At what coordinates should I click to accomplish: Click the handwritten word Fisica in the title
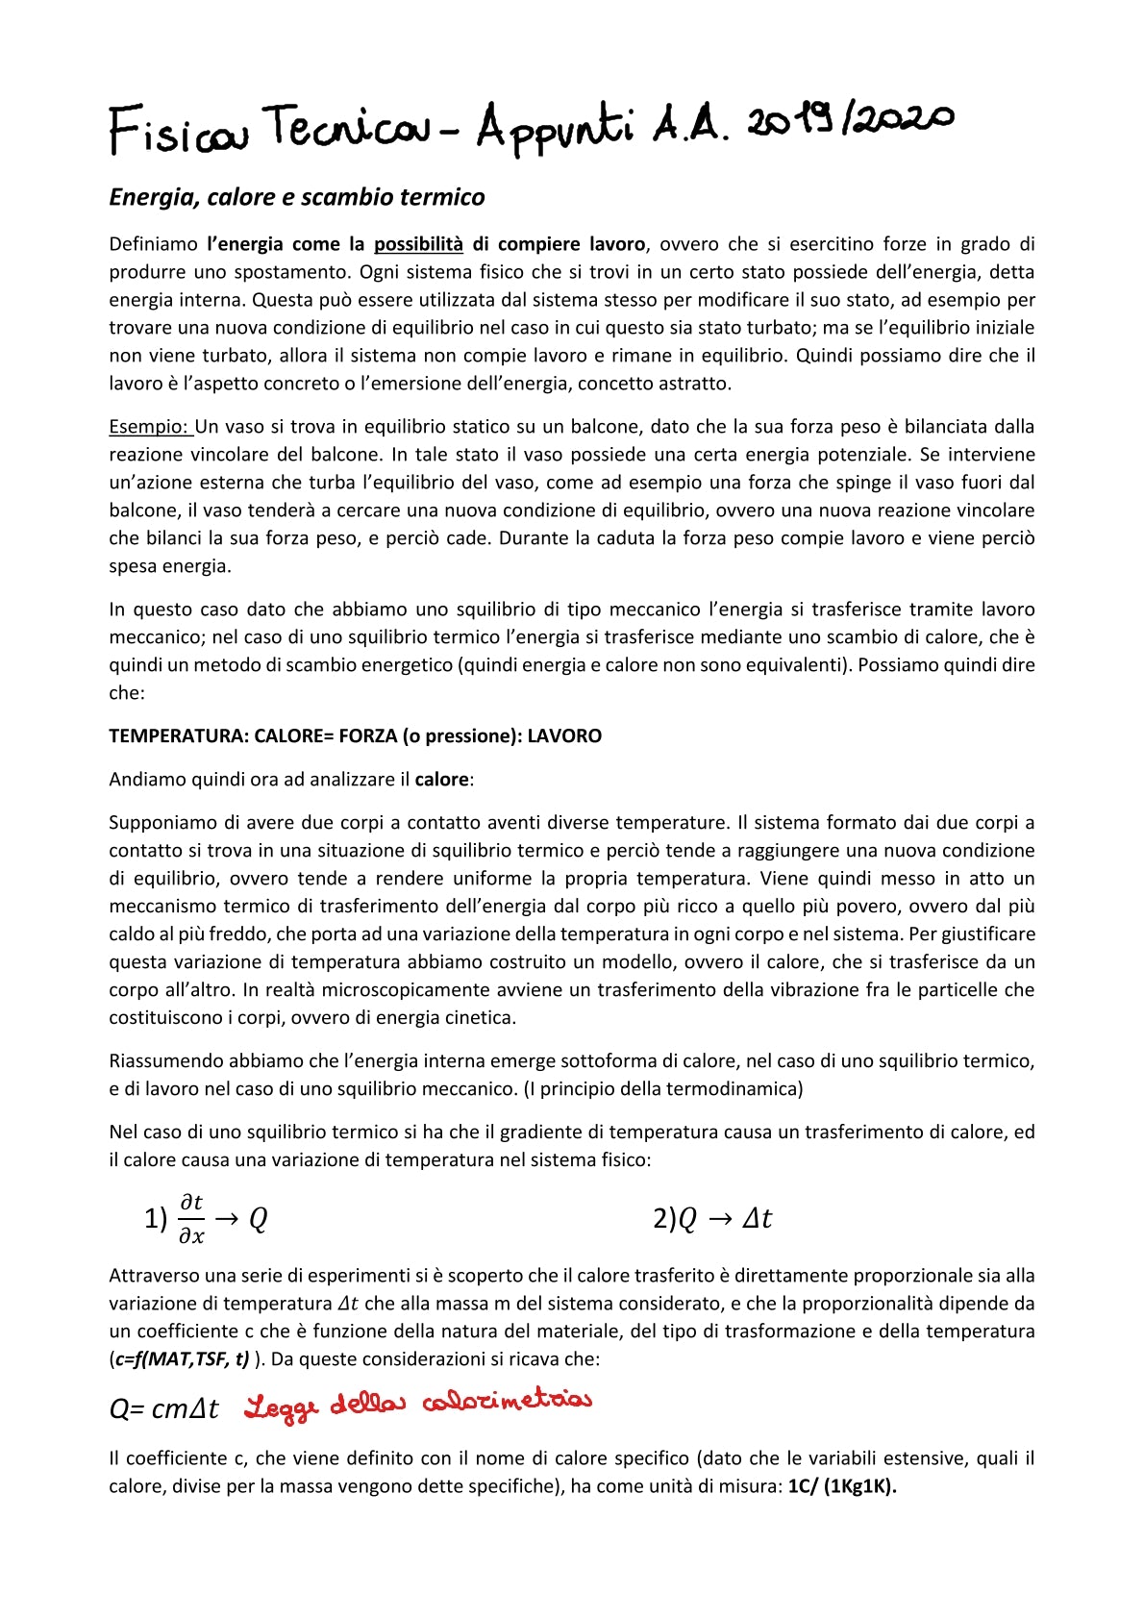[178, 132]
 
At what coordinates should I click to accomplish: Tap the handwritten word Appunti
[556, 129]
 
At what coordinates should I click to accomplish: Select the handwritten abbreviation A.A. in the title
[689, 127]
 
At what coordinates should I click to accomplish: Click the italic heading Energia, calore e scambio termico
[297, 197]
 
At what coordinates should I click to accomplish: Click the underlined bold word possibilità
[418, 244]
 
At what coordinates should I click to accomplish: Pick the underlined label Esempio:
[150, 427]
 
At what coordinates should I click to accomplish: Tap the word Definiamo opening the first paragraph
[153, 244]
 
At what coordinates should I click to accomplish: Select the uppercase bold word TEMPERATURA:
[179, 736]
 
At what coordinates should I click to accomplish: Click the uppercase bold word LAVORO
[564, 736]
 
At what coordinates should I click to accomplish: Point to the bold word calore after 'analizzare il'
[442, 780]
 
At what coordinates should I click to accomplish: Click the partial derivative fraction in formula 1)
[191, 1219]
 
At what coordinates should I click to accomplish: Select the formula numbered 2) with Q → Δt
[711, 1219]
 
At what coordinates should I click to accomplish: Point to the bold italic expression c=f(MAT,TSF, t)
[180, 1359]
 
